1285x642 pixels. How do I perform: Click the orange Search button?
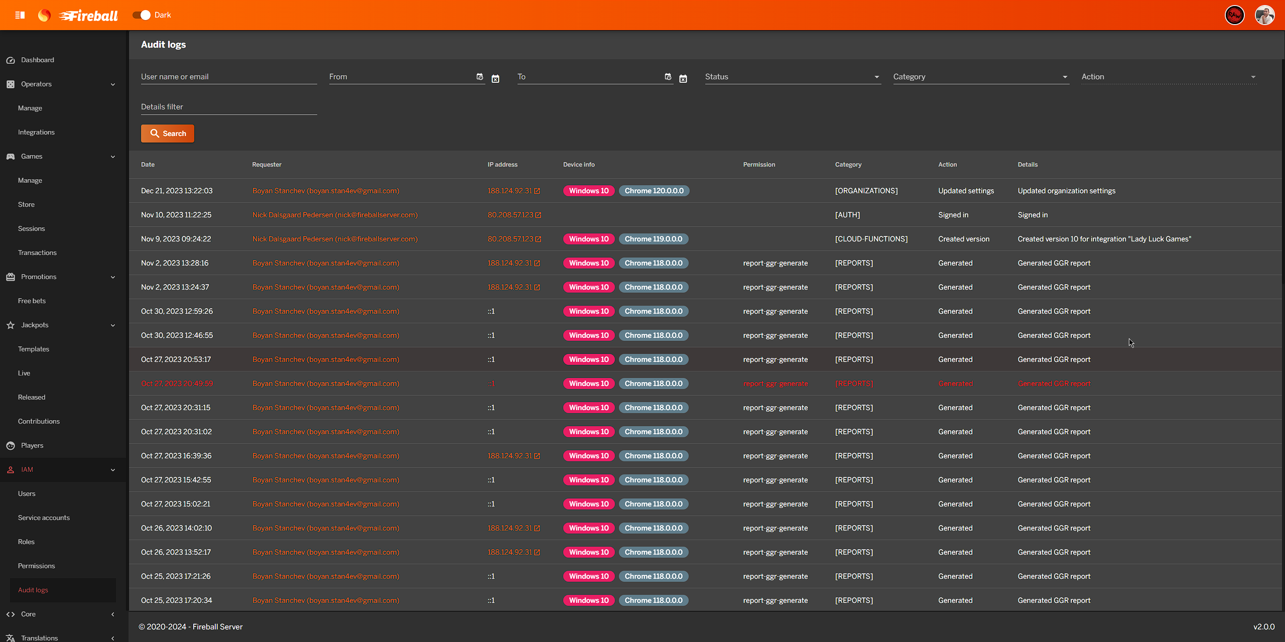pyautogui.click(x=168, y=134)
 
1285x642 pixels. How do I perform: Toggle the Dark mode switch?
pyautogui.click(x=142, y=15)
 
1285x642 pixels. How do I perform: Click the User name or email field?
pyautogui.click(x=228, y=77)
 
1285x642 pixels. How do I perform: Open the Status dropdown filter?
pyautogui.click(x=792, y=77)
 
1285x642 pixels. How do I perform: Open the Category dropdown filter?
pyautogui.click(x=980, y=77)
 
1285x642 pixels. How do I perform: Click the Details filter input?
pyautogui.click(x=228, y=107)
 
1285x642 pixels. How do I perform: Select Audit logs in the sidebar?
pyautogui.click(x=33, y=590)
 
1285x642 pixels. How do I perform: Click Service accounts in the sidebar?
pyautogui.click(x=44, y=518)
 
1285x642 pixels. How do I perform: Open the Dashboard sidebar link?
pyautogui.click(x=37, y=60)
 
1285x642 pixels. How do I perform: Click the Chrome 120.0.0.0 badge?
pyautogui.click(x=654, y=191)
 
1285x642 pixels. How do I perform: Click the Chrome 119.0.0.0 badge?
pyautogui.click(x=653, y=239)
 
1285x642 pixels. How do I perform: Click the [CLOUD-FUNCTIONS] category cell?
pyautogui.click(x=871, y=239)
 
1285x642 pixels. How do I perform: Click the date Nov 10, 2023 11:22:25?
pyautogui.click(x=176, y=215)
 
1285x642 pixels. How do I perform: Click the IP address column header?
pyautogui.click(x=502, y=165)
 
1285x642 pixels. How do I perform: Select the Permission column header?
pyautogui.click(x=758, y=165)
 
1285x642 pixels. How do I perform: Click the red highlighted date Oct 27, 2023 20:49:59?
pyautogui.click(x=177, y=383)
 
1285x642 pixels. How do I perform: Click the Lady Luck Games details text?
pyautogui.click(x=1104, y=239)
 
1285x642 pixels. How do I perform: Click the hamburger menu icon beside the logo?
pyautogui.click(x=20, y=15)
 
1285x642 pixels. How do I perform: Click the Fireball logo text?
pyautogui.click(x=89, y=16)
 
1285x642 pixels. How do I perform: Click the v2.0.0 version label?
pyautogui.click(x=1263, y=626)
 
